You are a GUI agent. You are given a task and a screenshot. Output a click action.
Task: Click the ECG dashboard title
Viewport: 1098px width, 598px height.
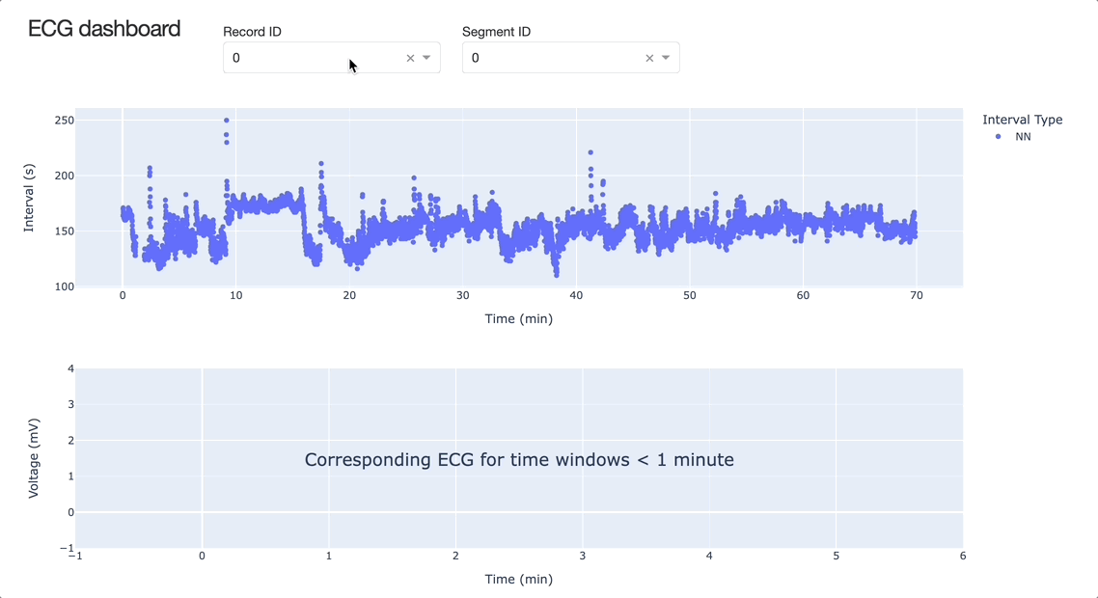pyautogui.click(x=104, y=29)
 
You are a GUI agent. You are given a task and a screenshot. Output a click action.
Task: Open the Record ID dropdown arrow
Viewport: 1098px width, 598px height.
pyautogui.click(x=426, y=58)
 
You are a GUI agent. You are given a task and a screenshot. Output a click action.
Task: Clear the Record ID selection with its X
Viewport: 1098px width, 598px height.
pyautogui.click(x=410, y=58)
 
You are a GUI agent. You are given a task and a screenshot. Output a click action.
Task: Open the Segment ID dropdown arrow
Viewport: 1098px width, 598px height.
pyautogui.click(x=666, y=58)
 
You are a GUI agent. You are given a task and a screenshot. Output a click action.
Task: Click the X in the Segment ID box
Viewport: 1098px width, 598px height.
pyautogui.click(x=649, y=58)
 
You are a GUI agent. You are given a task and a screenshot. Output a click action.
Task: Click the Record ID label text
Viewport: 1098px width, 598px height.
pyautogui.click(x=252, y=32)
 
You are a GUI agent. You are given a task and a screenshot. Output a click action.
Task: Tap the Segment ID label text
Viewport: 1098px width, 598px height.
pyautogui.click(x=496, y=32)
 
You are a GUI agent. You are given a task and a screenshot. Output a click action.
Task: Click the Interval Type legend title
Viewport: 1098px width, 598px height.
pyautogui.click(x=1022, y=120)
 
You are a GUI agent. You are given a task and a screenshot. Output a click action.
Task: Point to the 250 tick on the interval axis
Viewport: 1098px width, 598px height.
pyautogui.click(x=64, y=121)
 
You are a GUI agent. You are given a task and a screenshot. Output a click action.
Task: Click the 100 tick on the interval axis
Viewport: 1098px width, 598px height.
pyautogui.click(x=64, y=286)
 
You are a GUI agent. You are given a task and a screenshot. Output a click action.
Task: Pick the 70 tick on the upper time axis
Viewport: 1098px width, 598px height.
pyautogui.click(x=916, y=296)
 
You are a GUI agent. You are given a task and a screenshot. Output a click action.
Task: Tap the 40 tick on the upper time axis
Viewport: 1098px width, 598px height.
pyautogui.click(x=576, y=296)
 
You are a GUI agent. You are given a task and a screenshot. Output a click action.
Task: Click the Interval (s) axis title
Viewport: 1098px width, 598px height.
pyautogui.click(x=29, y=198)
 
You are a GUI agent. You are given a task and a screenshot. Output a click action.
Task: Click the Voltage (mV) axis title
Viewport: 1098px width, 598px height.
pyautogui.click(x=34, y=458)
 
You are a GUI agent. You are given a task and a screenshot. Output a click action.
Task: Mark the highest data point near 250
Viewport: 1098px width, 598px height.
pyautogui.click(x=227, y=121)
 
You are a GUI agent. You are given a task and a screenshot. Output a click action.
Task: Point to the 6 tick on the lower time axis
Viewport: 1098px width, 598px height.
pyautogui.click(x=963, y=556)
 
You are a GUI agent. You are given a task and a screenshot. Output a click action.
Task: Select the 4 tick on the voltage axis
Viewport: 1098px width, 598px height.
pyautogui.click(x=70, y=368)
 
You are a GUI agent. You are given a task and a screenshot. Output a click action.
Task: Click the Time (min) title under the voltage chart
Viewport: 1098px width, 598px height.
pyautogui.click(x=518, y=579)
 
